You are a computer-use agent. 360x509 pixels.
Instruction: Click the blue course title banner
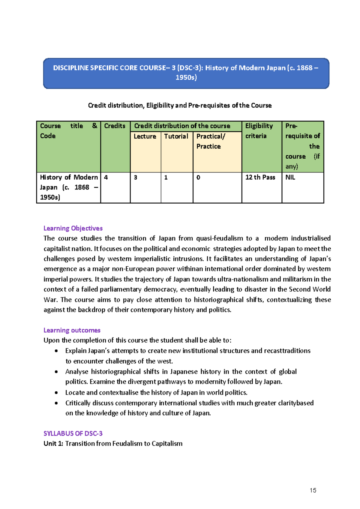pyautogui.click(x=186, y=73)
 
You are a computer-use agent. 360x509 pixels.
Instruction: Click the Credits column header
pyautogui.click(x=115, y=126)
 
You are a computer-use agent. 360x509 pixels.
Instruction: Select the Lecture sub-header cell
pyautogui.click(x=145, y=136)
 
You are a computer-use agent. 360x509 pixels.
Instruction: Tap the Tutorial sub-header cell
pyautogui.click(x=176, y=136)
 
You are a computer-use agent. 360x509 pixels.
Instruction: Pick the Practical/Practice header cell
pyautogui.click(x=211, y=141)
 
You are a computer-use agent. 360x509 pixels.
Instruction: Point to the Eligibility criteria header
pyautogui.click(x=259, y=131)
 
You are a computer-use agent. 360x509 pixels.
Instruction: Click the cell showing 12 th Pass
pyautogui.click(x=260, y=178)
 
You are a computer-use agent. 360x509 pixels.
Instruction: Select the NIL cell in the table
pyautogui.click(x=290, y=178)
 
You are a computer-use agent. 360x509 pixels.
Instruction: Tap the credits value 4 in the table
pyautogui.click(x=106, y=178)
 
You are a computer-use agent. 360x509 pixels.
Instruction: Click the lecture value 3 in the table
pyautogui.click(x=136, y=178)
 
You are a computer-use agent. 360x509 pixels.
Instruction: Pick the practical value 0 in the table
pyautogui.click(x=198, y=178)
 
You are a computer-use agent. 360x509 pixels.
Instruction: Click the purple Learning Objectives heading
pyautogui.click(x=73, y=228)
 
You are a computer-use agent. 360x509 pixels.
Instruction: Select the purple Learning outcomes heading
pyautogui.click(x=72, y=330)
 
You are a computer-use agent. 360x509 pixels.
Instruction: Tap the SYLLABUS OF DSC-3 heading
pyautogui.click(x=73, y=433)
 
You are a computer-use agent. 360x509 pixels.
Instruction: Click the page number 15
pyautogui.click(x=313, y=490)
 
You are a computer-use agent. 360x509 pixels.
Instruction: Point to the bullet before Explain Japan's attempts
pyautogui.click(x=56, y=351)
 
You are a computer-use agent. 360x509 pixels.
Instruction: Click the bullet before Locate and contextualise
pyautogui.click(x=56, y=393)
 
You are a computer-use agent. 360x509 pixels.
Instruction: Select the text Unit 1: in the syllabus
pyautogui.click(x=53, y=444)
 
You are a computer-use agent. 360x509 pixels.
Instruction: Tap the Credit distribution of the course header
pyautogui.click(x=182, y=126)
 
